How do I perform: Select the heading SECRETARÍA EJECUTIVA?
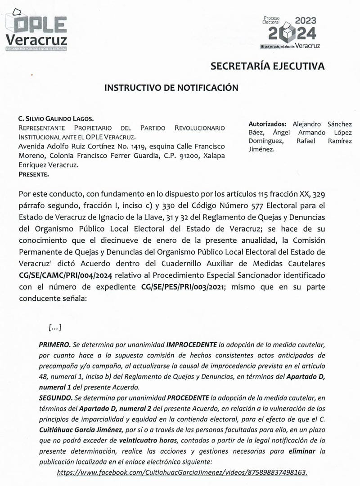point(267,67)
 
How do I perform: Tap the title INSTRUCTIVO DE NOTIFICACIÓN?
point(171,88)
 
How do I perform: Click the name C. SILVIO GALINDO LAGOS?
point(56,119)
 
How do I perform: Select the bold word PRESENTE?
point(34,174)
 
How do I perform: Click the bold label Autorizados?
point(267,124)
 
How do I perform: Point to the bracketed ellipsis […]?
point(54,327)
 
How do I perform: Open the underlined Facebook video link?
point(183,472)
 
